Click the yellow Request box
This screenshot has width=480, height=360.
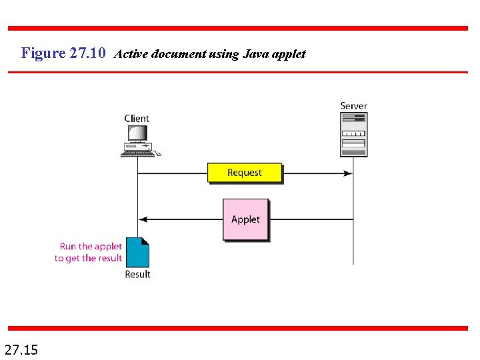pyautogui.click(x=245, y=173)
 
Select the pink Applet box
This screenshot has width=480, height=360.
pyautogui.click(x=245, y=219)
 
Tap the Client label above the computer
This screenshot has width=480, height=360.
pyautogui.click(x=137, y=119)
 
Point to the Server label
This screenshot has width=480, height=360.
pyautogui.click(x=353, y=105)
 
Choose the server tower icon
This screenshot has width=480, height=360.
pyautogui.click(x=353, y=134)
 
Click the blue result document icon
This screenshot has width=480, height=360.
pyautogui.click(x=138, y=253)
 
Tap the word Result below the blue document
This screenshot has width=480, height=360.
pyautogui.click(x=138, y=274)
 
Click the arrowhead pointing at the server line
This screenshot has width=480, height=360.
pyautogui.click(x=348, y=173)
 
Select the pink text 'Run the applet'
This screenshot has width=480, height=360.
pyautogui.click(x=91, y=247)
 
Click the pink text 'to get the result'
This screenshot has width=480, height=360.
pyautogui.click(x=89, y=258)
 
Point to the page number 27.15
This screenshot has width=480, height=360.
pyautogui.click(x=21, y=349)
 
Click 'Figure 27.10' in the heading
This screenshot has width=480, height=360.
pyautogui.click(x=63, y=53)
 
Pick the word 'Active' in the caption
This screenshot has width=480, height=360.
pyautogui.click(x=131, y=55)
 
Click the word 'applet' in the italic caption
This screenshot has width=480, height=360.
pyautogui.click(x=288, y=55)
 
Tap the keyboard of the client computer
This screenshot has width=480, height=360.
pyautogui.click(x=137, y=153)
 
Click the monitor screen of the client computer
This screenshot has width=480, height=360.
pyautogui.click(x=137, y=133)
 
